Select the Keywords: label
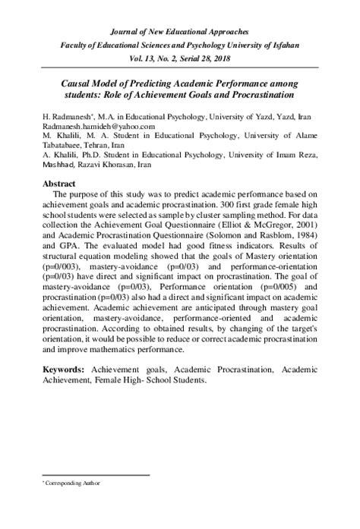62,370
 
